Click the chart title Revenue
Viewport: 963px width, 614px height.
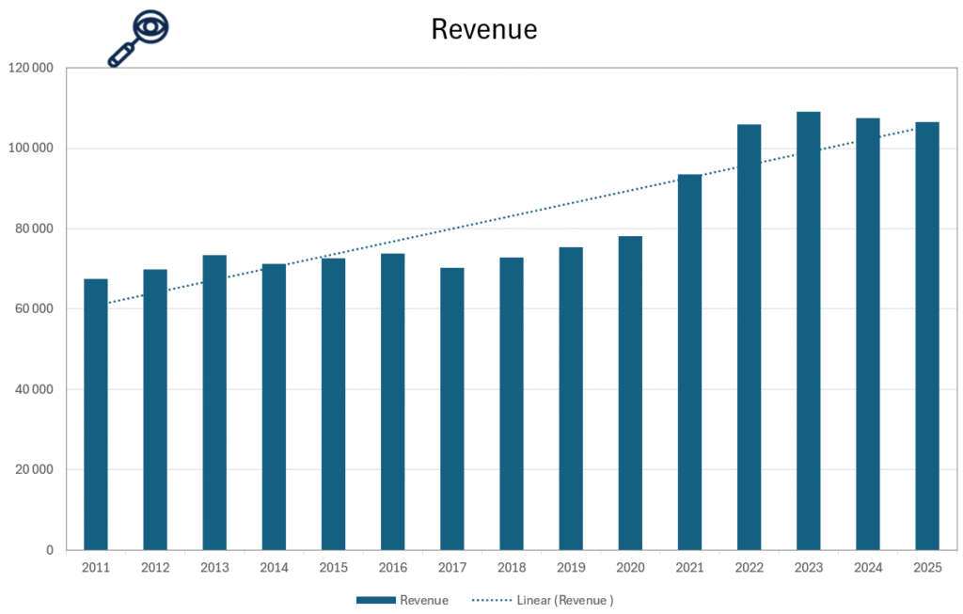pyautogui.click(x=484, y=29)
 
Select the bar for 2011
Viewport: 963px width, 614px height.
pyautogui.click(x=96, y=414)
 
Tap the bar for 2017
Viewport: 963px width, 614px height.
pyautogui.click(x=452, y=409)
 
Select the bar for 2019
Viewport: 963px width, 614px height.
pyautogui.click(x=571, y=399)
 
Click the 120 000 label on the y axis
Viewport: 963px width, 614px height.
pyautogui.click(x=30, y=69)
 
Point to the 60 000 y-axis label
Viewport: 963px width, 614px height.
pyautogui.click(x=34, y=309)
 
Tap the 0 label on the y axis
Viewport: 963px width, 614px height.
pyautogui.click(x=50, y=550)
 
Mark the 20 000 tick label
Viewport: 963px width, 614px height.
pyautogui.click(x=34, y=470)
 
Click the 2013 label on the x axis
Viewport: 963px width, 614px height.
pyautogui.click(x=214, y=568)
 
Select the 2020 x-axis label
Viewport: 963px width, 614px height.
pyautogui.click(x=630, y=568)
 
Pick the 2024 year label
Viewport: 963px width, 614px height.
pyautogui.click(x=867, y=568)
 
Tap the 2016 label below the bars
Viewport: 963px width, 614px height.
pyautogui.click(x=392, y=568)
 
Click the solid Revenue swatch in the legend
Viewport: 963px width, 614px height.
pyautogui.click(x=375, y=600)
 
